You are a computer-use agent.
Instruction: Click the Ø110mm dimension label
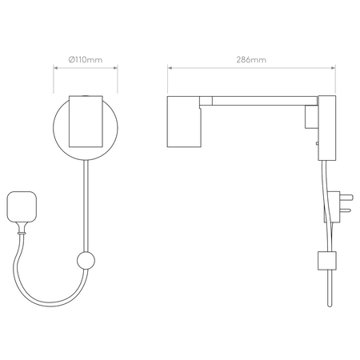86,59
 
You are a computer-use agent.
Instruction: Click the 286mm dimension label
251,60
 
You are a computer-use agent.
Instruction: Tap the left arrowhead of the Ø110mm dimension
55,68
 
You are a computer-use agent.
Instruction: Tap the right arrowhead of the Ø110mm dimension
115,68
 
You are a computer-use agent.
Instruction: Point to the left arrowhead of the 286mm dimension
170,68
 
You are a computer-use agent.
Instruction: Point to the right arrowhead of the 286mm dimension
334,68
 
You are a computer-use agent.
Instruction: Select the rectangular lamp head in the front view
86,122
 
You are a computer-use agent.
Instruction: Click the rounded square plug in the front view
22,206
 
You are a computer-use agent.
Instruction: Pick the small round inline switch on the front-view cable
86,261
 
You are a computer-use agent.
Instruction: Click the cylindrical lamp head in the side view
184,122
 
